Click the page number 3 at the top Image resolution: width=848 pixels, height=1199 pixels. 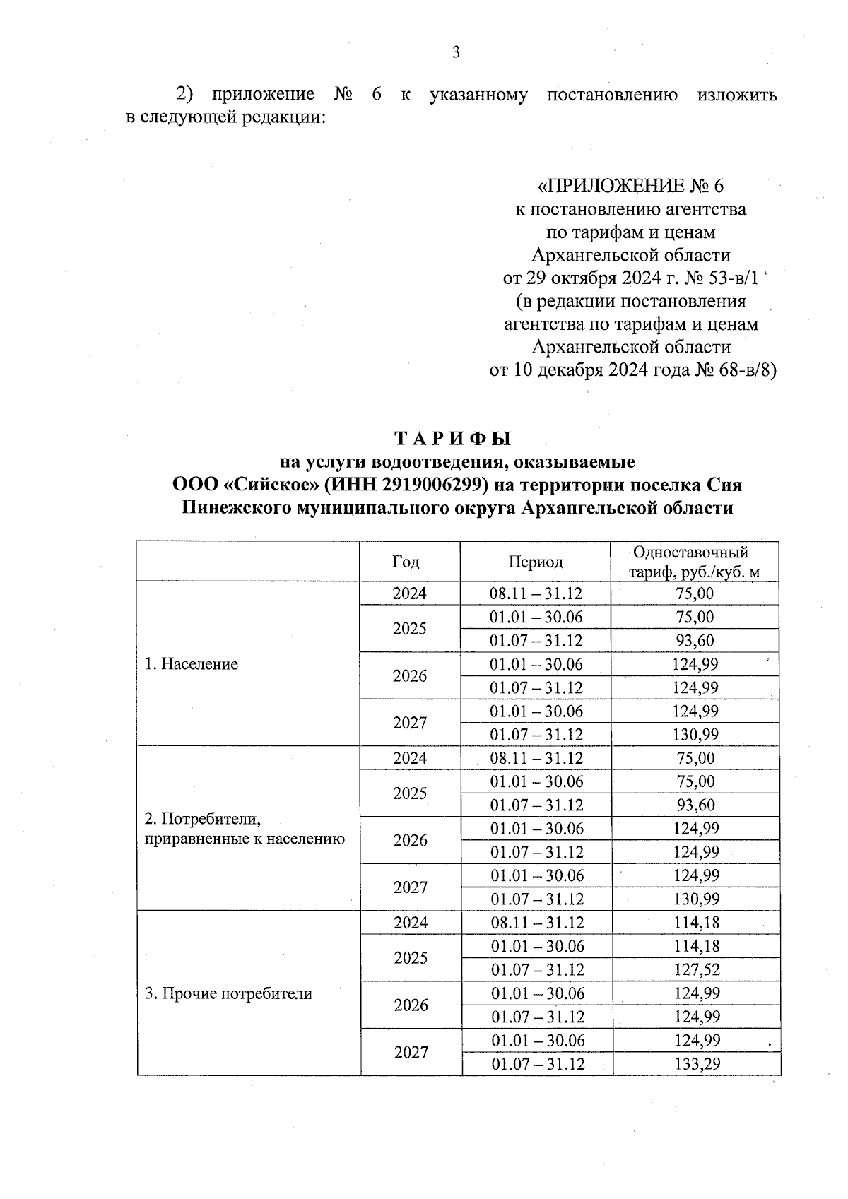[x=456, y=52]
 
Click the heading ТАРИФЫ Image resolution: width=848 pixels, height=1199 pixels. [x=452, y=439]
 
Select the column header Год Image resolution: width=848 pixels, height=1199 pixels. [x=406, y=562]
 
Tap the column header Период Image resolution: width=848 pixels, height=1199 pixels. [x=535, y=562]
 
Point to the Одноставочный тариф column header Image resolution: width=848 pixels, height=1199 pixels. [x=695, y=562]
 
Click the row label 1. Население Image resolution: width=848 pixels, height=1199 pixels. [x=191, y=664]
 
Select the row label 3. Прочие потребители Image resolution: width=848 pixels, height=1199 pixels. [x=228, y=993]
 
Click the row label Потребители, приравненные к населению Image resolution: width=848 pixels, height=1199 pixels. [x=245, y=829]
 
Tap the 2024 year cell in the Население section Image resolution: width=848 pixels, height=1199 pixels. [x=410, y=593]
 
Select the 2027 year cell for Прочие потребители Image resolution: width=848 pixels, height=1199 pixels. [x=411, y=1053]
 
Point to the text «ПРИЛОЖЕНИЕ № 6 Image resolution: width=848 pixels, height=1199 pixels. [x=631, y=187]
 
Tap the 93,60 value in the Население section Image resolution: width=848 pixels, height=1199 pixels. [x=695, y=641]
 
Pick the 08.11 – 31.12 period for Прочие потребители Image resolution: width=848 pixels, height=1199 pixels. [x=537, y=923]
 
